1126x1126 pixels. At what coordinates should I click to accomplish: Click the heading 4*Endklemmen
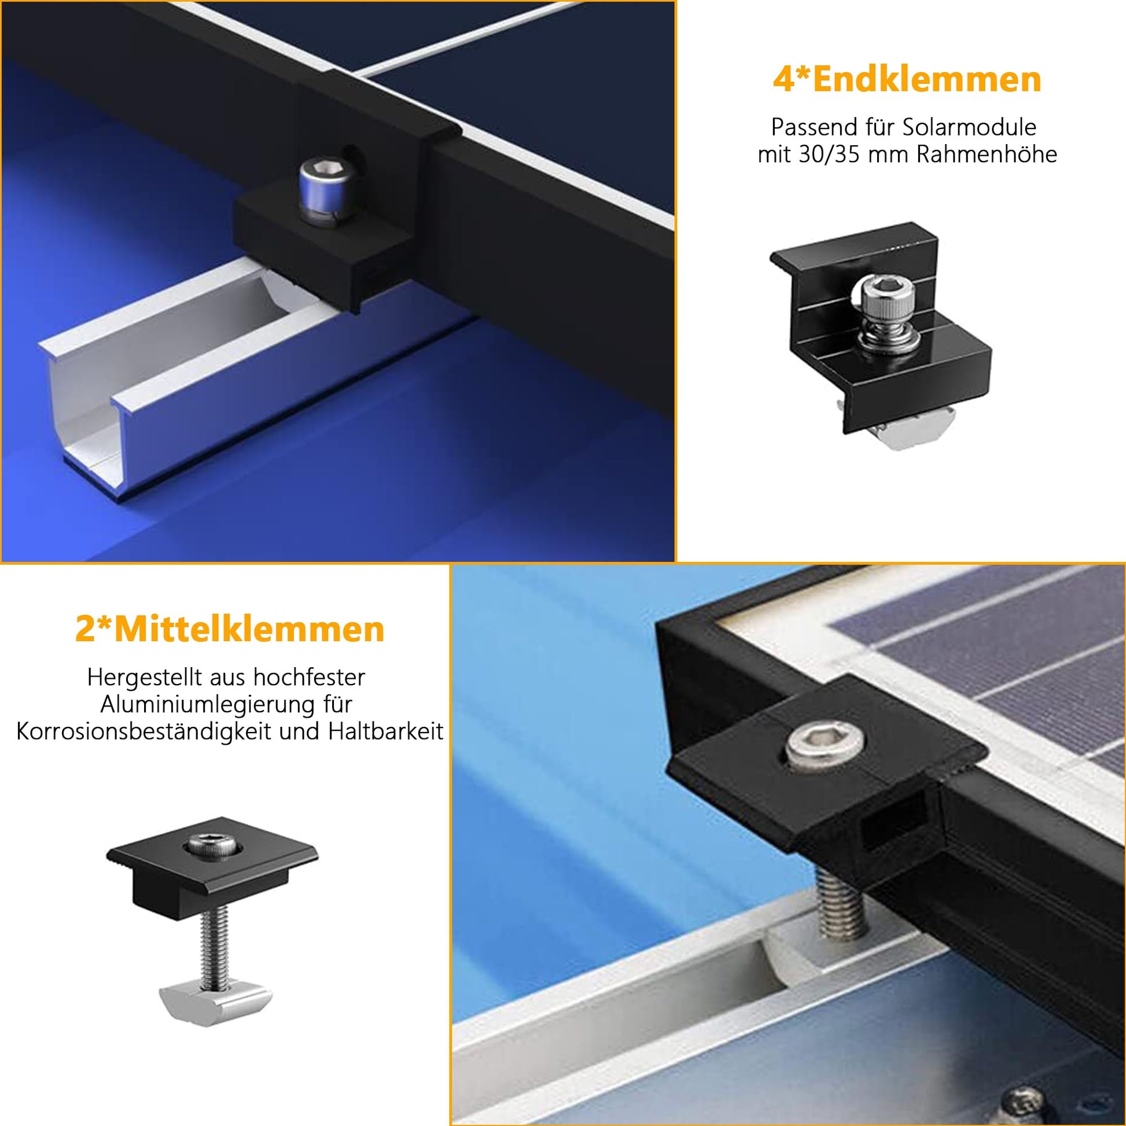(907, 79)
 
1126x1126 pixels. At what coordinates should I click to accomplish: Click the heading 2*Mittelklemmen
(230, 630)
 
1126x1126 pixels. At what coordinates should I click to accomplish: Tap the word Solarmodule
(970, 128)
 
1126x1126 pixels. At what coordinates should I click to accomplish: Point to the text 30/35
(825, 154)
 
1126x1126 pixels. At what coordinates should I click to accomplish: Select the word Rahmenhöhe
(987, 154)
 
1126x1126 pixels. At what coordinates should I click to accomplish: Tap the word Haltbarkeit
(386, 731)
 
